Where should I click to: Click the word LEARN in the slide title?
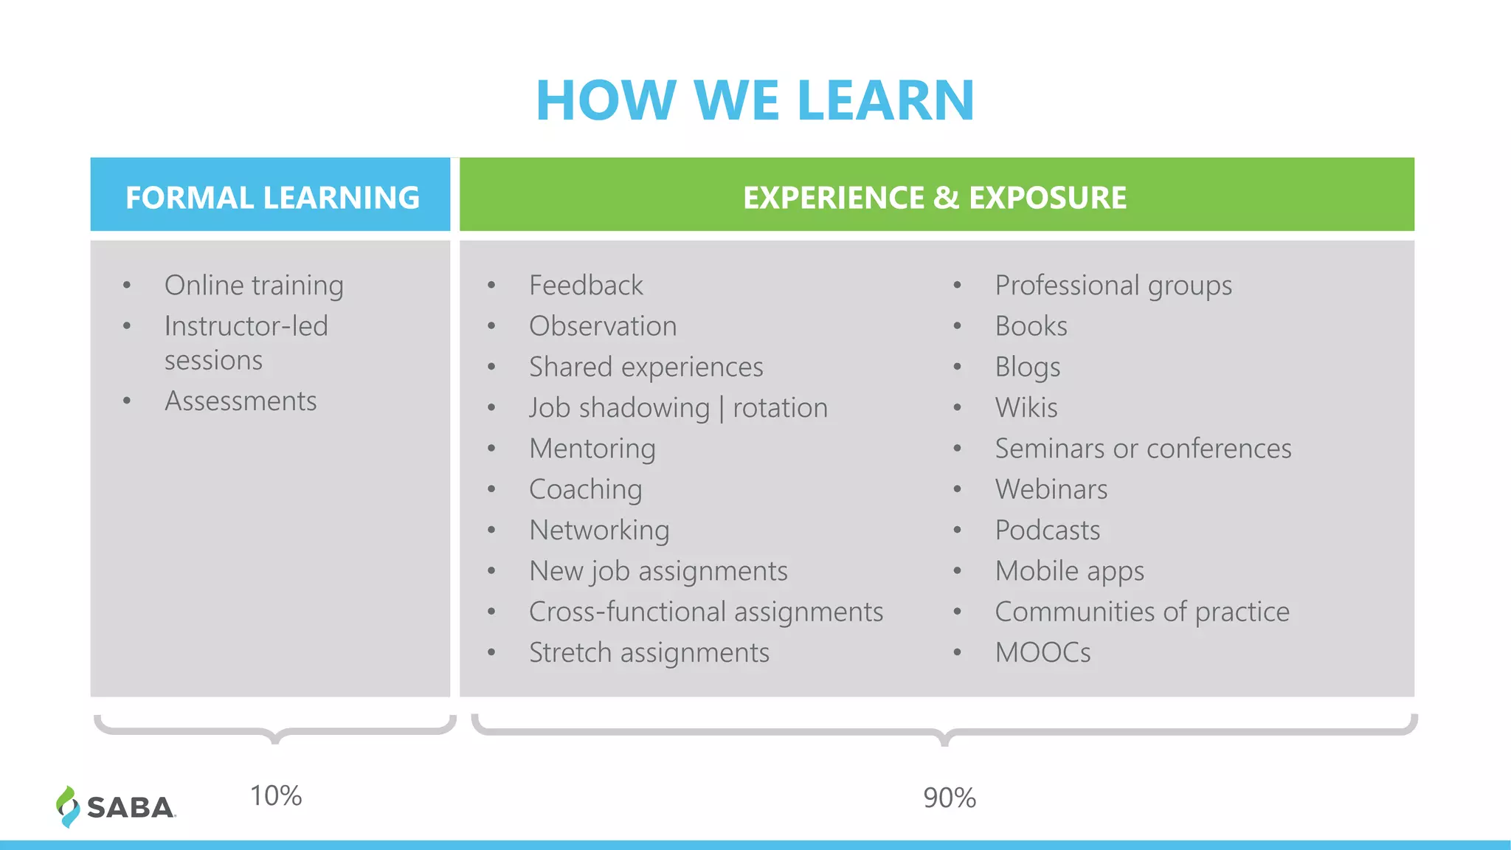885,100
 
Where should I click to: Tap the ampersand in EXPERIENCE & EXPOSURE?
946,198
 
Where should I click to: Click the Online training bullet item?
254,286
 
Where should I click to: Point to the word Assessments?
241,401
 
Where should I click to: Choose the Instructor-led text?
246,326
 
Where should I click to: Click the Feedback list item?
586,286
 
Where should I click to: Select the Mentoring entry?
592,449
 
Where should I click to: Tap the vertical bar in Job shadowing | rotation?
722,409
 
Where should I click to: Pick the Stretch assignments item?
649,653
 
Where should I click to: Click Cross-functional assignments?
705,612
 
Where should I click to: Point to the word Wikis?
1026,408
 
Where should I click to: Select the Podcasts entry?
1047,531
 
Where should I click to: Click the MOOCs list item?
1042,653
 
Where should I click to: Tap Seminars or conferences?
1142,449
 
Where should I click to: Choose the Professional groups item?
1113,286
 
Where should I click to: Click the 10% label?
275,796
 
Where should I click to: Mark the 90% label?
949,798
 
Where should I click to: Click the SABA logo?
117,806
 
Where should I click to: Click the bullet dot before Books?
957,326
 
